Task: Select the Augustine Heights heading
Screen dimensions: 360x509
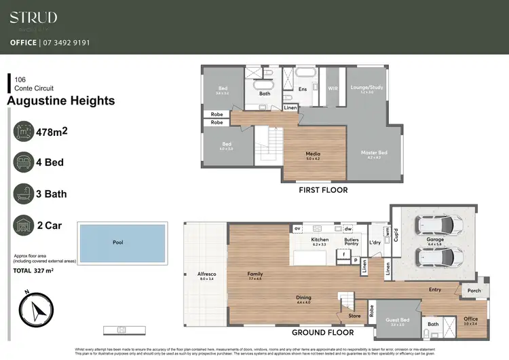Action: [x=60, y=101]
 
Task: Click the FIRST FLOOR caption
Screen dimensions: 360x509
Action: [x=323, y=190]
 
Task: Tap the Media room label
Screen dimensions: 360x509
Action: [x=313, y=156]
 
